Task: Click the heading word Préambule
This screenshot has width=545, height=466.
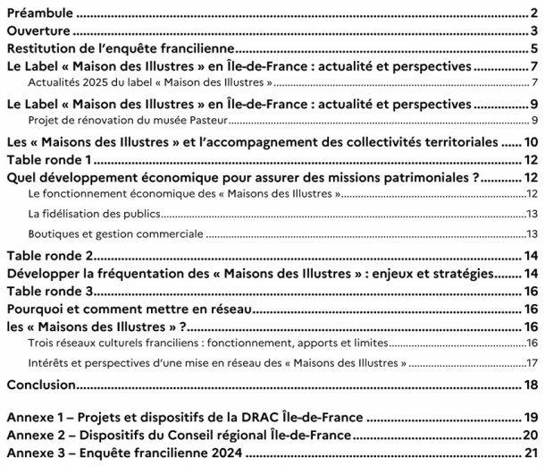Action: point(38,13)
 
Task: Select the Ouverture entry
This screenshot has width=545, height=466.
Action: point(38,31)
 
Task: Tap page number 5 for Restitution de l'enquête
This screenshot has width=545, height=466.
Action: point(532,48)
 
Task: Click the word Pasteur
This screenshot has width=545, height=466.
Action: point(220,119)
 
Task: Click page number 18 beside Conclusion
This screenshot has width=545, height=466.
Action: point(531,385)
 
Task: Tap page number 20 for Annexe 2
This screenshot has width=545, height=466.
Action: point(530,434)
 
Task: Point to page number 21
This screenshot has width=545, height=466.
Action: point(530,452)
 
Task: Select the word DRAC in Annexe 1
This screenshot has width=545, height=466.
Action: point(280,417)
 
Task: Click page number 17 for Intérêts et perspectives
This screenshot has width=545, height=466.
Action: point(532,362)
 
